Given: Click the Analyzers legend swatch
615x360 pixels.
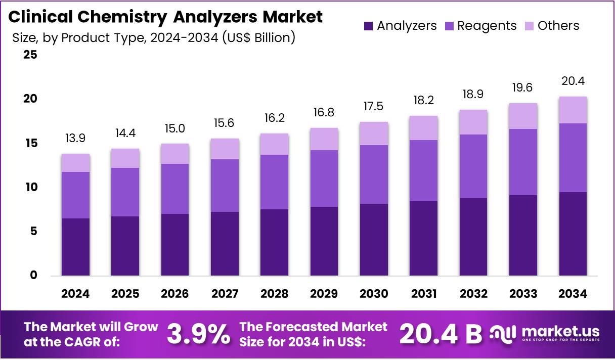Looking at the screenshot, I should pos(369,26).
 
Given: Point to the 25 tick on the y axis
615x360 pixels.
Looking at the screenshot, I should pos(31,55).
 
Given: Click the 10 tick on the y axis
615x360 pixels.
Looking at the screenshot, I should pos(31,188).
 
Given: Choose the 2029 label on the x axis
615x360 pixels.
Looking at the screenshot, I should pos(324,294).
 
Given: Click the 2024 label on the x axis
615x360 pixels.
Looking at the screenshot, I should pos(76,294).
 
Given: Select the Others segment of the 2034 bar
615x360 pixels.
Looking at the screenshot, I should pos(573,110).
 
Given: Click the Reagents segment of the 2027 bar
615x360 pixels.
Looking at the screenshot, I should pos(225,186).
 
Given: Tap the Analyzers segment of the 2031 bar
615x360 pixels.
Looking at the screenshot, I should pos(424,238).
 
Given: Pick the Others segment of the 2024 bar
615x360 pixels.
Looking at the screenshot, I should pos(76,163).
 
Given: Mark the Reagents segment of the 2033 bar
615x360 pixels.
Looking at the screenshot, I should pos(523,162).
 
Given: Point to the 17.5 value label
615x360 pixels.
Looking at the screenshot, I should pos(374,107).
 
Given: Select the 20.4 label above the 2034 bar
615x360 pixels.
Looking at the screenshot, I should pos(573,81).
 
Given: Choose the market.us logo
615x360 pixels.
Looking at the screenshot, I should pos(545,334).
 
